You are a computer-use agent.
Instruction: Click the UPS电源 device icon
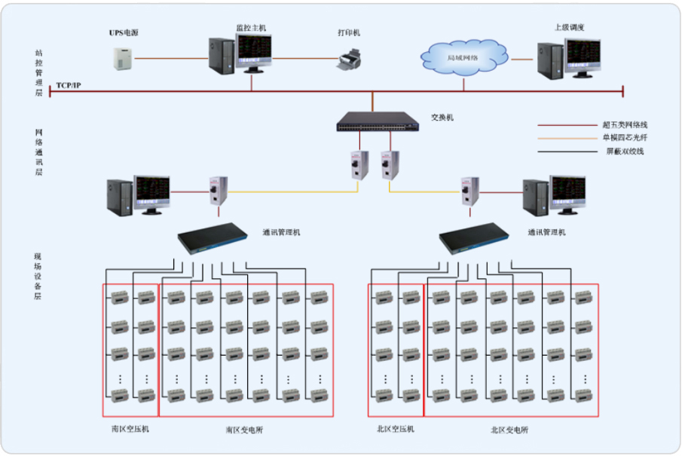point(123,59)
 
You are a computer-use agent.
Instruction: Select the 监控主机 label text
point(251,28)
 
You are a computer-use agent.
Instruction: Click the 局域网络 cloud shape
point(463,57)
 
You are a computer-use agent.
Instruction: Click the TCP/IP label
point(69,86)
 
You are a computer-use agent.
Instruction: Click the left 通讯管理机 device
point(213,239)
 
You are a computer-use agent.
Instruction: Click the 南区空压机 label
point(129,429)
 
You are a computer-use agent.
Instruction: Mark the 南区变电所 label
point(244,430)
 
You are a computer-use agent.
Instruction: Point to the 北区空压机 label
point(395,429)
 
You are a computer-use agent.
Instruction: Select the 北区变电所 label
point(509,430)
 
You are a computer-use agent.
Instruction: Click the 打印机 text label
point(349,33)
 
